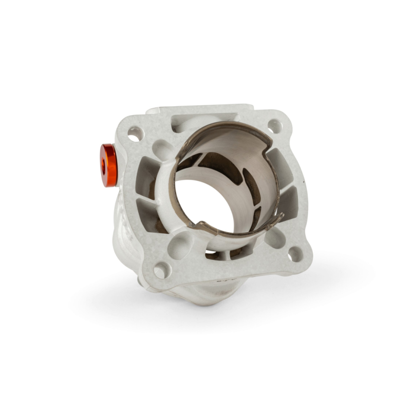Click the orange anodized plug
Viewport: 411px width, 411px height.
109,165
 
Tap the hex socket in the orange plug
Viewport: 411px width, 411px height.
105,166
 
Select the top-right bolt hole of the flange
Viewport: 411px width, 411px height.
275,126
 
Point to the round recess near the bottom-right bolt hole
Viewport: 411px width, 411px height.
275,237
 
